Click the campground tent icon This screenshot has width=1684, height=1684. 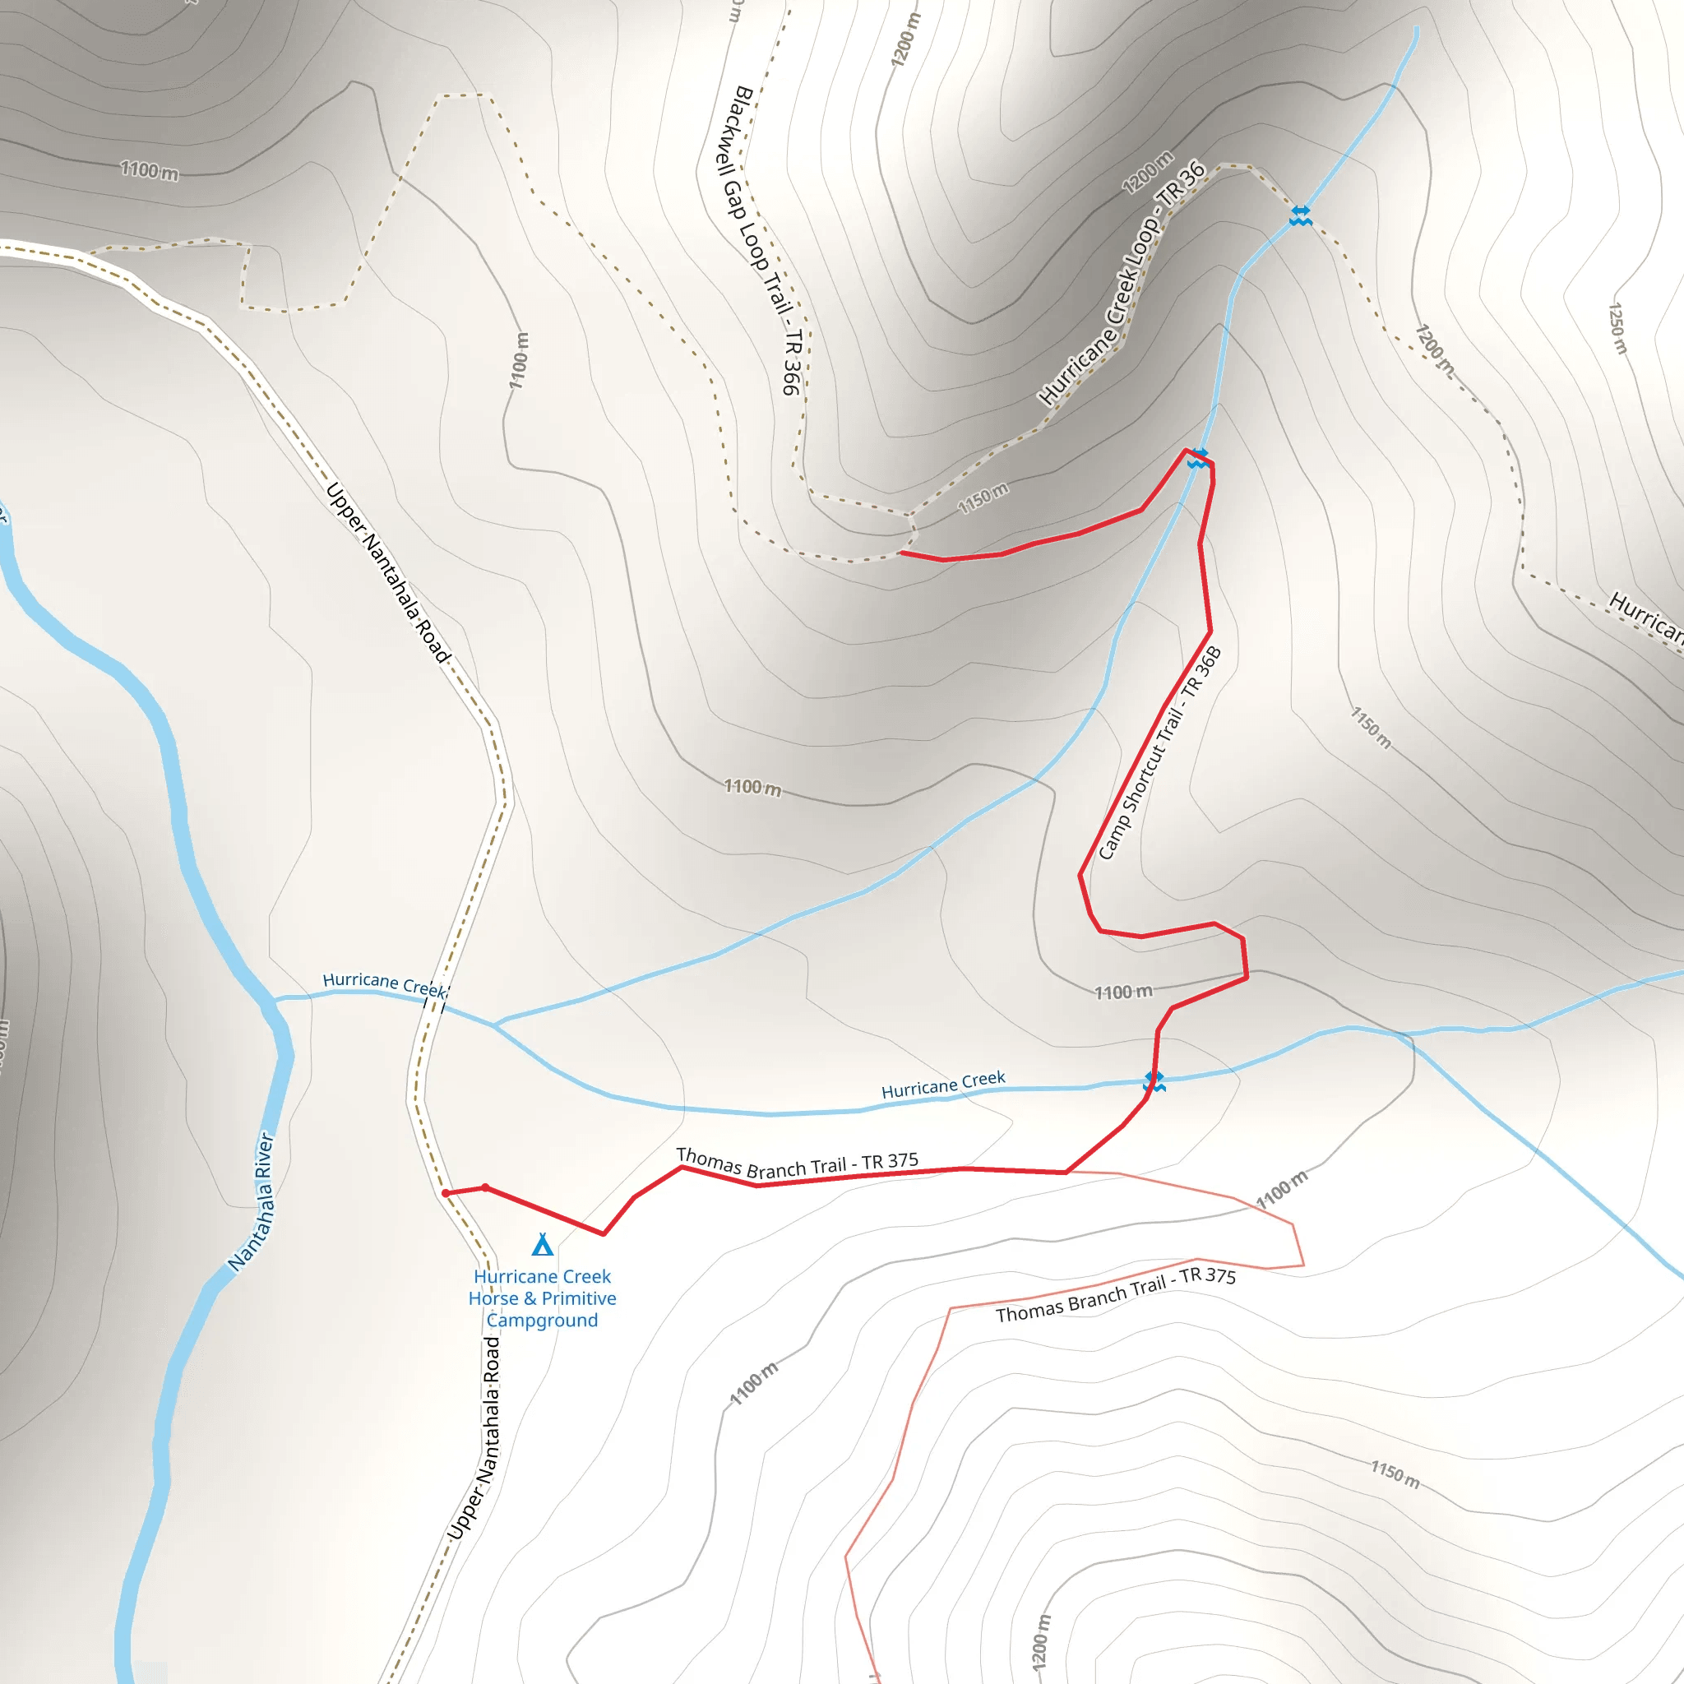542,1244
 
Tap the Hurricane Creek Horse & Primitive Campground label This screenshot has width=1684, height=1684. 542,1298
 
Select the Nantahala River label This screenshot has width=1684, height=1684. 251,1202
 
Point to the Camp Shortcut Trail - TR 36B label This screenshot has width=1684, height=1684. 1159,753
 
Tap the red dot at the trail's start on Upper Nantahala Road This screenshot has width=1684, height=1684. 446,1193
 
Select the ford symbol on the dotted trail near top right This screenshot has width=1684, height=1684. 1300,215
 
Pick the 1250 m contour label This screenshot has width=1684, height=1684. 1617,329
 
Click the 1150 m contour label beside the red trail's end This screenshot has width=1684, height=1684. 983,497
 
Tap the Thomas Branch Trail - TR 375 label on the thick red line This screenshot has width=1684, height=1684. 797,1164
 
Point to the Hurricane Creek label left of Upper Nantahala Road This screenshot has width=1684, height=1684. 384,984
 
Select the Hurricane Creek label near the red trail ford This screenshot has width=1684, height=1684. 943,1085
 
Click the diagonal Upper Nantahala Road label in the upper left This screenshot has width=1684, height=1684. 389,572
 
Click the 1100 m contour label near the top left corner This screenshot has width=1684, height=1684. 149,170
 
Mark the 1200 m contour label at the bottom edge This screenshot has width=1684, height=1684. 1041,1642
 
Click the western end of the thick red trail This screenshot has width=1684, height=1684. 901,553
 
